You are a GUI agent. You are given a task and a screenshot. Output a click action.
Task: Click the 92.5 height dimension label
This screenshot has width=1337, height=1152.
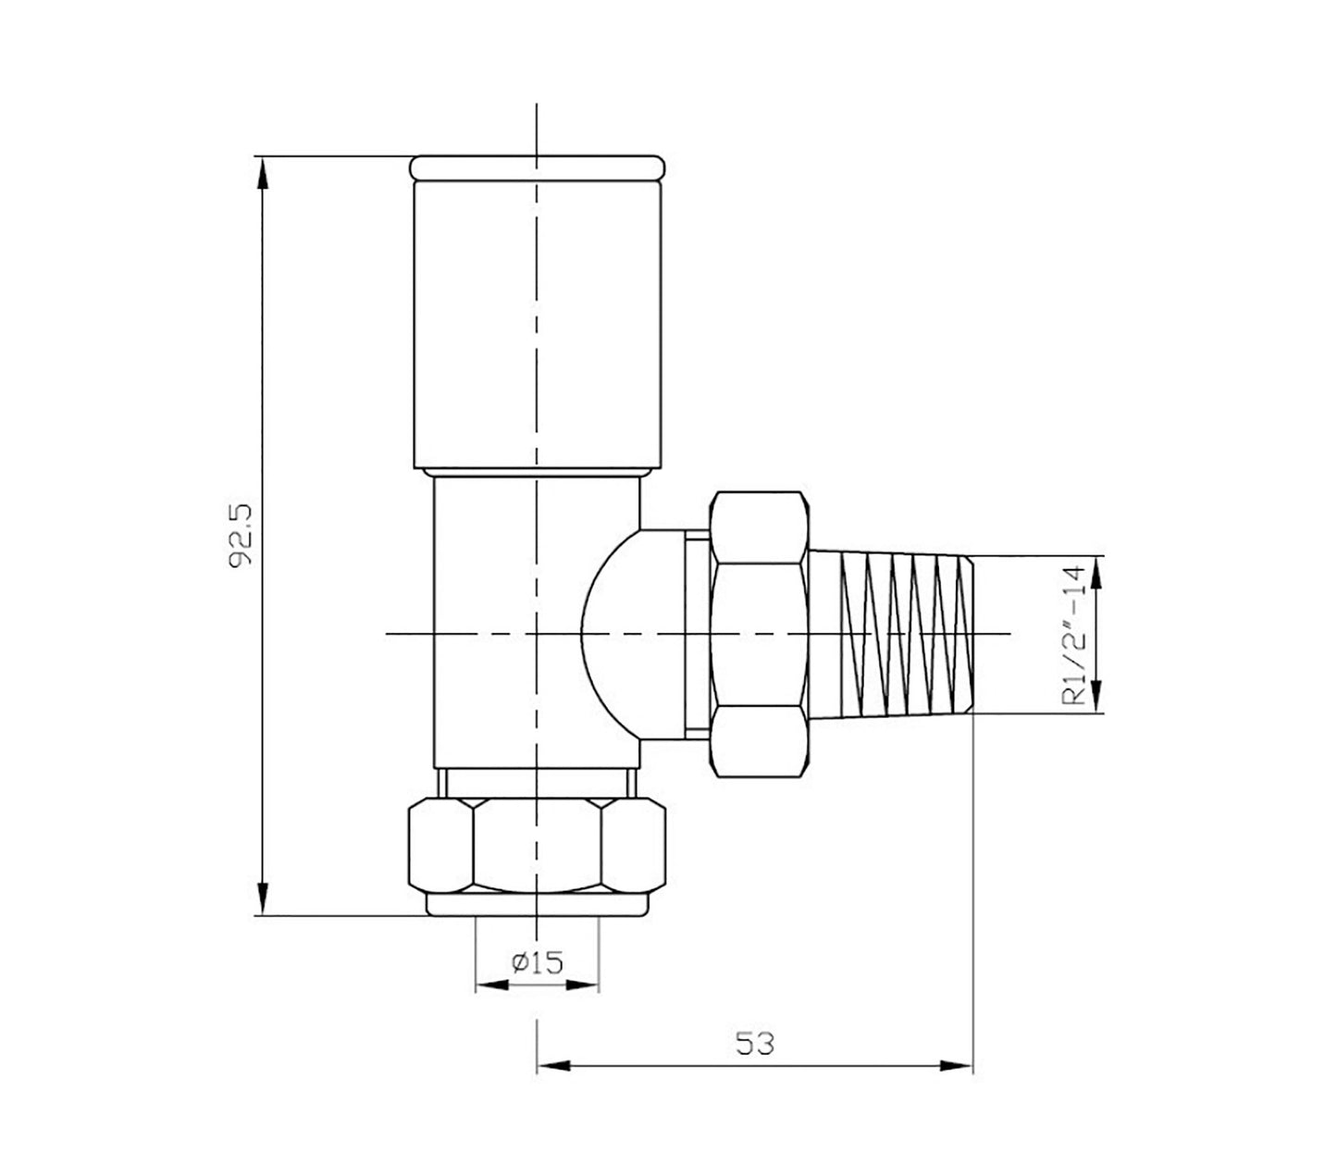click(x=242, y=537)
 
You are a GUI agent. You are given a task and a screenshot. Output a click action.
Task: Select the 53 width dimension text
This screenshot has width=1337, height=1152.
click(x=754, y=1043)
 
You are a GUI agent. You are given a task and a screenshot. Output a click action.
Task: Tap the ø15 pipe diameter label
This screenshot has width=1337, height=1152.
click(x=536, y=963)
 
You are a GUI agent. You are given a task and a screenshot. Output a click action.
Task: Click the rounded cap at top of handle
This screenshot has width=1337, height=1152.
click(x=537, y=167)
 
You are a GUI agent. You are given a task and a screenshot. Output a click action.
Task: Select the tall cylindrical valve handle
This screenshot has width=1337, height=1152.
click(x=537, y=324)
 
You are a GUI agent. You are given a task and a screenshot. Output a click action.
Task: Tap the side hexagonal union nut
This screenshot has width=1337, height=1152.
click(x=758, y=634)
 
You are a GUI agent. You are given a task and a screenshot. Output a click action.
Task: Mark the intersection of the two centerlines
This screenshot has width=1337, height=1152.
click(x=537, y=634)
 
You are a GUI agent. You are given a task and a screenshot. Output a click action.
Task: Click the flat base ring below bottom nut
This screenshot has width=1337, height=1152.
click(x=537, y=905)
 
